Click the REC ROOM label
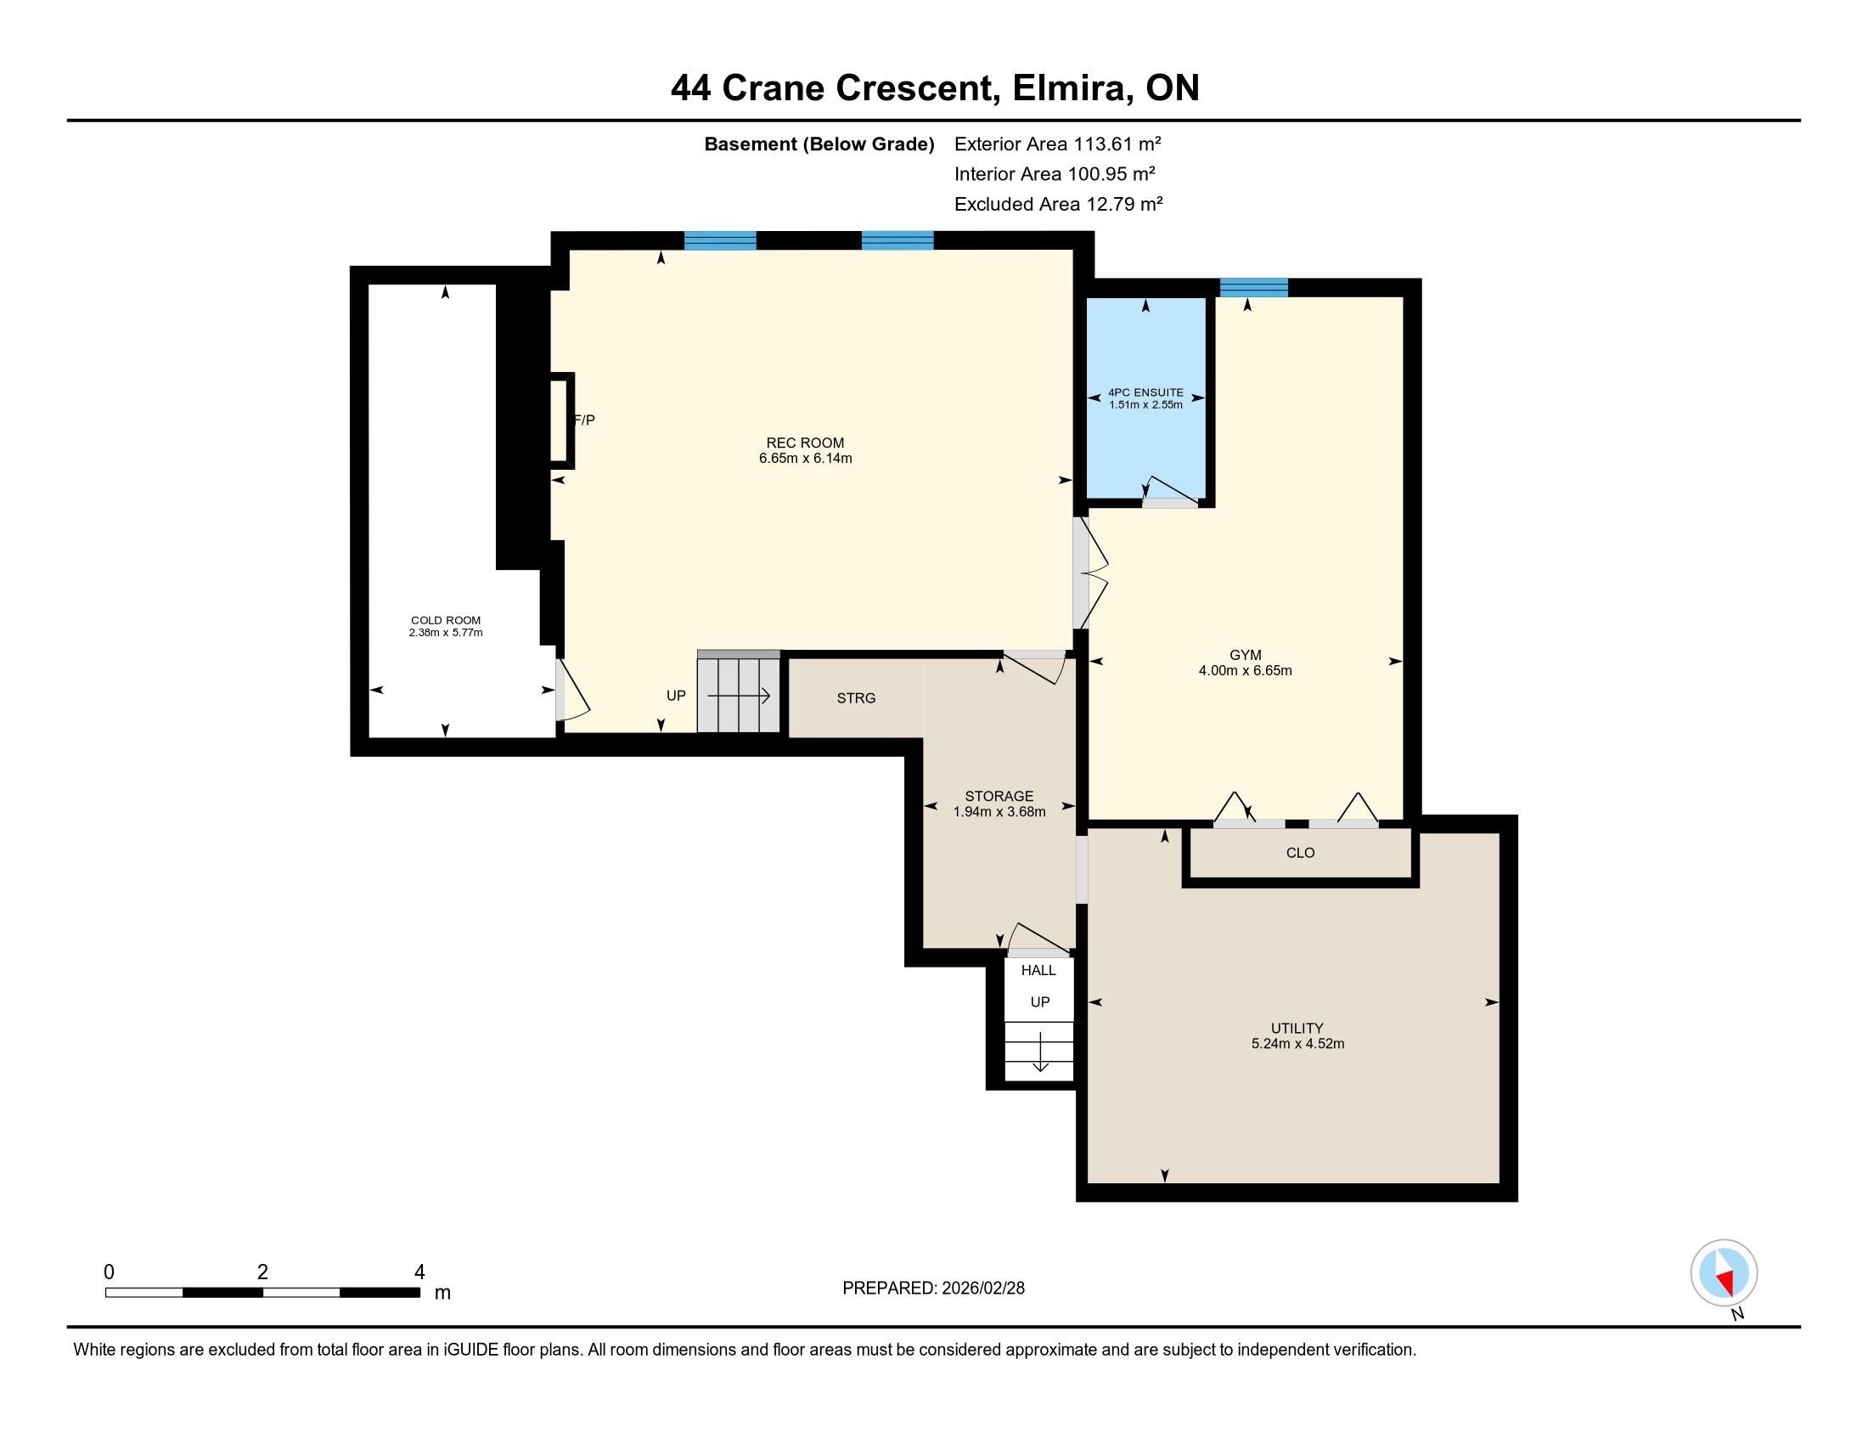pos(805,443)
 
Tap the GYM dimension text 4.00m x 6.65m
pos(1246,671)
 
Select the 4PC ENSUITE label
pos(1145,392)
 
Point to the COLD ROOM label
pos(446,620)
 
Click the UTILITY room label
pos(1297,1029)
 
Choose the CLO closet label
pos(1300,853)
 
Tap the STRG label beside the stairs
pos(856,698)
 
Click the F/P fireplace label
pos(585,420)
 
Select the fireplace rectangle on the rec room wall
pos(561,420)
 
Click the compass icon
pos(1724,1273)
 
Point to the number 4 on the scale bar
pos(419,1272)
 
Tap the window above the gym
pos(1253,287)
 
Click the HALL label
pos(1038,970)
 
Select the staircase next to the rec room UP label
pos(739,692)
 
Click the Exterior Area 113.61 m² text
pos(1057,144)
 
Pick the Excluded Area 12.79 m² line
pos(1058,204)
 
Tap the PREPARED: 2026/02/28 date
pos(933,1289)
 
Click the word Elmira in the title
pos(1068,88)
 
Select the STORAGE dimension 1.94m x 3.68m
pos(999,812)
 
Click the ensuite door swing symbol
pos(1170,489)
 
